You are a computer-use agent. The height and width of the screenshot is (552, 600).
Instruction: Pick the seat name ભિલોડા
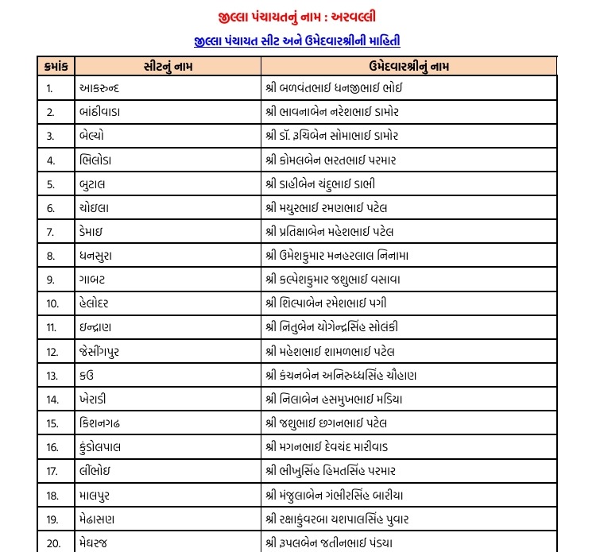99,160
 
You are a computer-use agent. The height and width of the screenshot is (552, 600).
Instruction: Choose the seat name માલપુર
99,496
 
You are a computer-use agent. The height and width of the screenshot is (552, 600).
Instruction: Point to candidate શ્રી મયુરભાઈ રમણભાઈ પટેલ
343,207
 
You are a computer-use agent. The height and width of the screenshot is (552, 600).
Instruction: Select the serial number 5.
51,183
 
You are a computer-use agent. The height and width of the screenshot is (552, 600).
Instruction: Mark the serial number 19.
53,519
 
